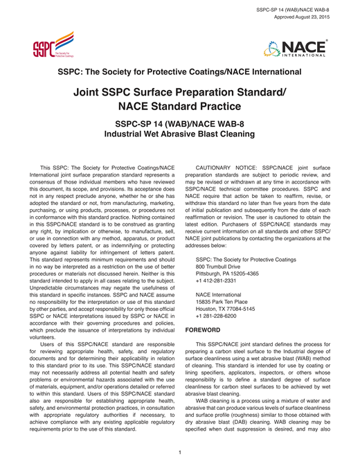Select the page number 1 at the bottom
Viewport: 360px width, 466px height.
point(180,452)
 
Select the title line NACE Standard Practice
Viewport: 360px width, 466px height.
point(179,107)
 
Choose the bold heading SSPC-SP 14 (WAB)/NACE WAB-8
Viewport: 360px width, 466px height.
point(179,123)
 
